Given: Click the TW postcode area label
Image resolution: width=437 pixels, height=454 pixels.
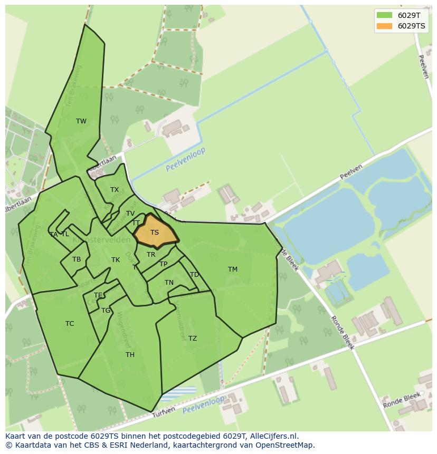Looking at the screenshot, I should point(81,121).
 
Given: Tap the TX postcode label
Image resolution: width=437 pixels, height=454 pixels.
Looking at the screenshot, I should point(115,190).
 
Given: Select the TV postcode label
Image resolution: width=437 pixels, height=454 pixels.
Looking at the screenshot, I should point(130,214).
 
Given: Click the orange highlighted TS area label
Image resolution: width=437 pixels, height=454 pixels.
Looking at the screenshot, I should point(155,233).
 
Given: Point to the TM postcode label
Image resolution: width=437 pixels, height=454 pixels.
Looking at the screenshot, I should point(233,269).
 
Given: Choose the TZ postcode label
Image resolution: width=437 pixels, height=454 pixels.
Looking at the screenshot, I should point(193,339).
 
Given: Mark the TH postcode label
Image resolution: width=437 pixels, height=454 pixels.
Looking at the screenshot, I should point(130,355).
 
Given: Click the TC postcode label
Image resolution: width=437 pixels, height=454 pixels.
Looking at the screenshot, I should point(70,324).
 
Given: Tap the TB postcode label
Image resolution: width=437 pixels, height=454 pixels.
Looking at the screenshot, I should point(77,259).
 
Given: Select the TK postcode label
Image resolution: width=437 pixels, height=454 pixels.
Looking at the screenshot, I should point(116,260).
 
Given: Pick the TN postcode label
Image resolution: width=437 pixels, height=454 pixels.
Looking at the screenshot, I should point(169,283).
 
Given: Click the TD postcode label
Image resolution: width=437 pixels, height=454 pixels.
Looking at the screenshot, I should point(194,275).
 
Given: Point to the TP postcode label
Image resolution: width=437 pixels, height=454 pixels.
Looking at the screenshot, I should point(164,264).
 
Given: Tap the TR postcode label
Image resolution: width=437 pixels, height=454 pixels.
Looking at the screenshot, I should point(151,255).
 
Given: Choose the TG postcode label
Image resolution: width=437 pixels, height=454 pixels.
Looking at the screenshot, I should point(106,311).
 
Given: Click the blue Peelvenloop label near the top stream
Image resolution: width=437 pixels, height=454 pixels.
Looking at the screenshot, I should point(185,160).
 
